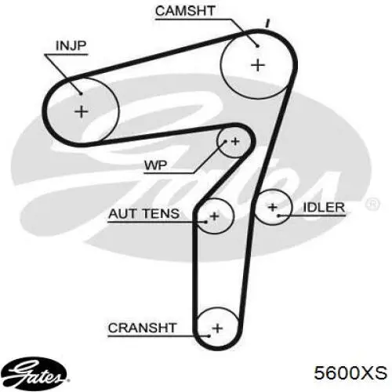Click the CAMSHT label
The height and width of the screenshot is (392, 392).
coord(185,11)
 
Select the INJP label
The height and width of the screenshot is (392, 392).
coord(71,45)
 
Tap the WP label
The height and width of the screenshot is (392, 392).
coord(155,165)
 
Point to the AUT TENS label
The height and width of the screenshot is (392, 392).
coord(144,214)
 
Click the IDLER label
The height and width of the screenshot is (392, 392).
coord(324,208)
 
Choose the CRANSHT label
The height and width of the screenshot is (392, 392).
coord(142,328)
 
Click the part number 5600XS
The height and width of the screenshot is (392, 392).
coord(350,372)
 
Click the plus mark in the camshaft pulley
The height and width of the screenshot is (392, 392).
coord(258,65)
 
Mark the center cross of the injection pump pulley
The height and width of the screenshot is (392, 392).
coord(82,111)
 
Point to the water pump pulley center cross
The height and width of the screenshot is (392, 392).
coord(235,141)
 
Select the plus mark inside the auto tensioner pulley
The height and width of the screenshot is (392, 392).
coord(215,216)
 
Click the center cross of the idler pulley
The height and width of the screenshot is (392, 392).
coord(273,208)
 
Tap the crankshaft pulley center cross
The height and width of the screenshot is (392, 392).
coord(217,328)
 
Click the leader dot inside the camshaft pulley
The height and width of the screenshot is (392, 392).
coord(257,46)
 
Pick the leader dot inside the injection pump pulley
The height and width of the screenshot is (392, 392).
coord(81,93)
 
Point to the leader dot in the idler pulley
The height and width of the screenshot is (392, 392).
coord(279,216)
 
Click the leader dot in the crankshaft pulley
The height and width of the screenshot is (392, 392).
coord(209,336)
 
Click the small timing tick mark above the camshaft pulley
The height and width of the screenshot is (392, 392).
coord(267,24)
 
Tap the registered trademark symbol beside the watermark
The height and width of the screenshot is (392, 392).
coord(372,204)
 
